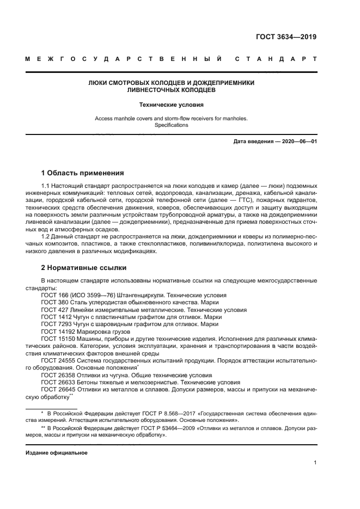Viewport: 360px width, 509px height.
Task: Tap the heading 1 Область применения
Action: (83, 173)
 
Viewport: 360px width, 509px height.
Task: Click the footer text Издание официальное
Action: (56, 453)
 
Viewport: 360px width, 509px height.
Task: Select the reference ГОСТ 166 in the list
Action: (54, 295)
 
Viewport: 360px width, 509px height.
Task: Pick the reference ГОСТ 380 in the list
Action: (54, 302)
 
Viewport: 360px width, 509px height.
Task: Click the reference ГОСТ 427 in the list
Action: (54, 309)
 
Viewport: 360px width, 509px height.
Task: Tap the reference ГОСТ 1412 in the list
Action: (56, 317)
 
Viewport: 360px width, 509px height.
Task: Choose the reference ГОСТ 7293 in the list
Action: (56, 324)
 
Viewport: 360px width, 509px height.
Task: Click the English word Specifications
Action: (171, 125)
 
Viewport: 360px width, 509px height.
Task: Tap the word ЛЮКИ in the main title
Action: (99, 83)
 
